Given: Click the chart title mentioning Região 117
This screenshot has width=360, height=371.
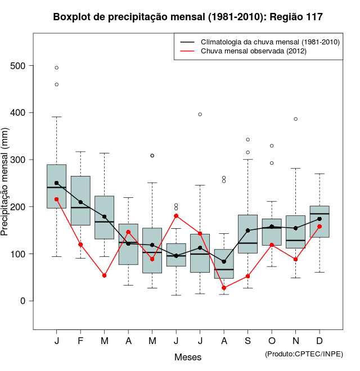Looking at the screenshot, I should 188,17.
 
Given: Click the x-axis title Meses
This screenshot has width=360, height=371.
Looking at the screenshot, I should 188,357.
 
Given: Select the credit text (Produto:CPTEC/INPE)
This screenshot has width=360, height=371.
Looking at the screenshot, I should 304,354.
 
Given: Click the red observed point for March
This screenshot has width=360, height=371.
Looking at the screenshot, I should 105,275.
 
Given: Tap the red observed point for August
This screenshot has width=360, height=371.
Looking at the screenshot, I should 224,288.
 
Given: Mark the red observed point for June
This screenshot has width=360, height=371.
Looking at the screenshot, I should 176,216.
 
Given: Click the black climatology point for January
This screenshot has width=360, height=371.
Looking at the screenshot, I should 57,183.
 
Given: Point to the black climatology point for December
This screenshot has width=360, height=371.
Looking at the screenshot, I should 319,219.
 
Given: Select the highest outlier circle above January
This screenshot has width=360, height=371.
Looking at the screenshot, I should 57,67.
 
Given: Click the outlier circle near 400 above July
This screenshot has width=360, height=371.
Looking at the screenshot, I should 200,114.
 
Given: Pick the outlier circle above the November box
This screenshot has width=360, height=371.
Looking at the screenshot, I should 295,119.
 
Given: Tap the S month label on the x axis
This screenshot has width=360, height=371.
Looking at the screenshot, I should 247,341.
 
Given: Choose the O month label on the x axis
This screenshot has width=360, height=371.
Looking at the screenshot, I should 272,341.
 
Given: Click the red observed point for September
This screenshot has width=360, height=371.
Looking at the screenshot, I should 247,276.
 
